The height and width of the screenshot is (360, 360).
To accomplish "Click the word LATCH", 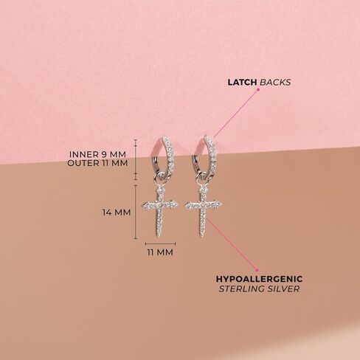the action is (242, 83).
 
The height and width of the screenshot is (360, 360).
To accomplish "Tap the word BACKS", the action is (275, 83).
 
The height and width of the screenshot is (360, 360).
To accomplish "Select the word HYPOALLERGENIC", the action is (259, 279).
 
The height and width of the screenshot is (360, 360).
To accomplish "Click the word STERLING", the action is (242, 288).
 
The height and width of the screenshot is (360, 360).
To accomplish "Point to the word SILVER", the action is (284, 288).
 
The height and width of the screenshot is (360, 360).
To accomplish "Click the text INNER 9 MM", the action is (97, 154).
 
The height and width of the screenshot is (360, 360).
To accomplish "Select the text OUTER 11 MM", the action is (97, 163).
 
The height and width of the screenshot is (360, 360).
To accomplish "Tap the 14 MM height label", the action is (117, 212).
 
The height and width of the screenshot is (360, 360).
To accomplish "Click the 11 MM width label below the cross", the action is (160, 252).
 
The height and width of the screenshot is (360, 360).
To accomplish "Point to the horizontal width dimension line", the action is (160, 243).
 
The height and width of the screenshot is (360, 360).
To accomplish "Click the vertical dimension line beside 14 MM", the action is (136, 212).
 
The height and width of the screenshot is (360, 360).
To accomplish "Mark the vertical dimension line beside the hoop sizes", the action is (136, 160).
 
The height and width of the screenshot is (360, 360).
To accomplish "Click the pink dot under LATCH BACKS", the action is (258, 90).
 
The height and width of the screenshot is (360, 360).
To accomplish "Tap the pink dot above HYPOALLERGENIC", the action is (257, 270).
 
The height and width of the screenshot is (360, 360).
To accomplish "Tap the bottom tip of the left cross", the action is (158, 238).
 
